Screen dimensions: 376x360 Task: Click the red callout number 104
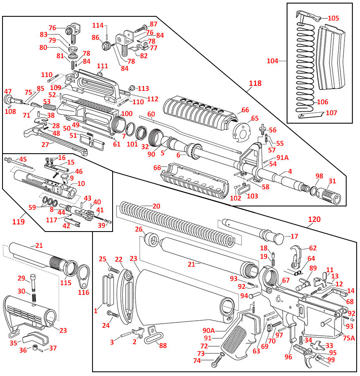coord(273,61)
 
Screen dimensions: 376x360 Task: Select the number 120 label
coord(314,219)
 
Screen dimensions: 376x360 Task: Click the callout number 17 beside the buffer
coord(294,236)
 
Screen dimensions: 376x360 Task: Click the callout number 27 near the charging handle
coord(45,145)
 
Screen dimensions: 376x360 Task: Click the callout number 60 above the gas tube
coord(151,114)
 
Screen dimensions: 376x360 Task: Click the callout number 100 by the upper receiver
coord(127,114)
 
